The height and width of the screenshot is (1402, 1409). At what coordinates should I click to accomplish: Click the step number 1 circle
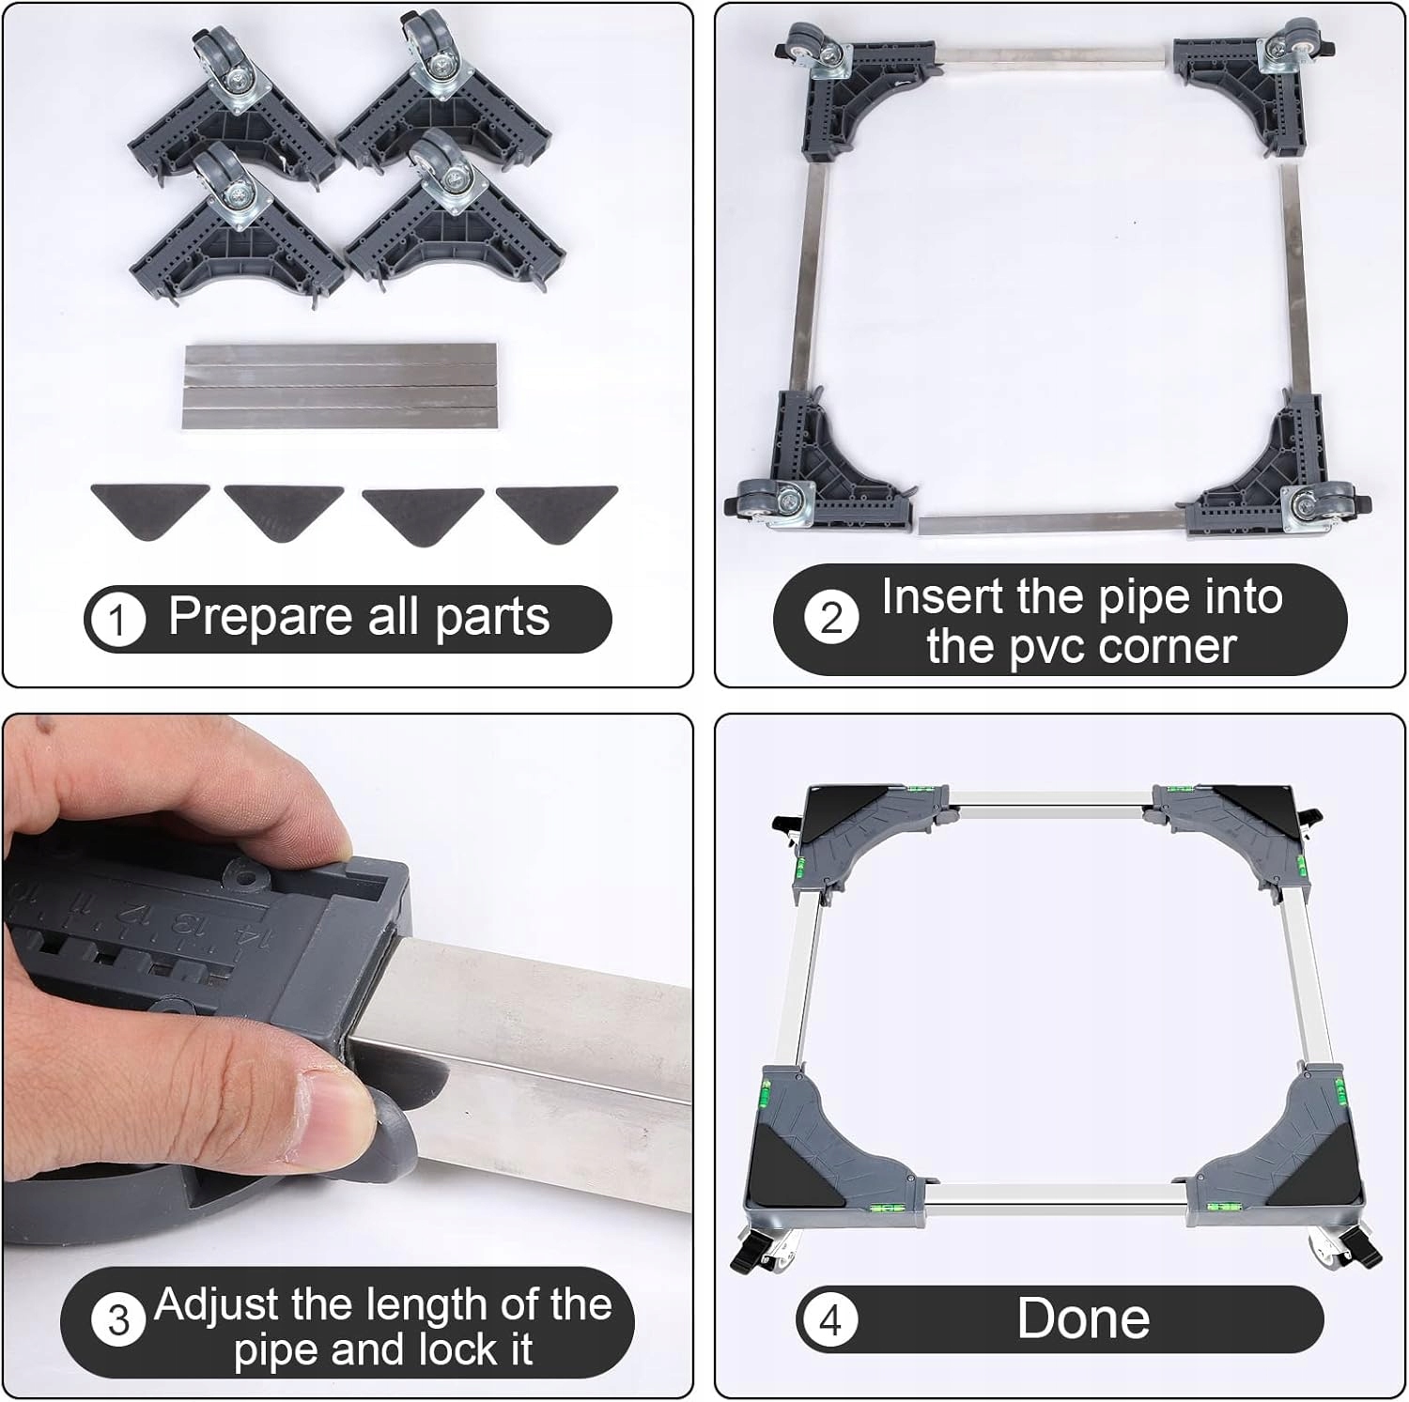[x=117, y=621]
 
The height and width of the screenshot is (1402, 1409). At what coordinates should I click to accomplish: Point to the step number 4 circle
[x=830, y=1321]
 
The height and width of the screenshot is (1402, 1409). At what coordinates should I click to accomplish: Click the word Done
[x=1083, y=1318]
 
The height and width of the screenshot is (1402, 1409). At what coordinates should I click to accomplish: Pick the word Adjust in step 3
[x=217, y=1306]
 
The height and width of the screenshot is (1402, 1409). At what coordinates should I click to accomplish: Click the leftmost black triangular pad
[x=149, y=509]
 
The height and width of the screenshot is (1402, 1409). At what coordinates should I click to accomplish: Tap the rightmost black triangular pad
[x=557, y=513]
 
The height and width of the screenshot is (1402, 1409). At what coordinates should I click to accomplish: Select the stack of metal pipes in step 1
[x=340, y=388]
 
